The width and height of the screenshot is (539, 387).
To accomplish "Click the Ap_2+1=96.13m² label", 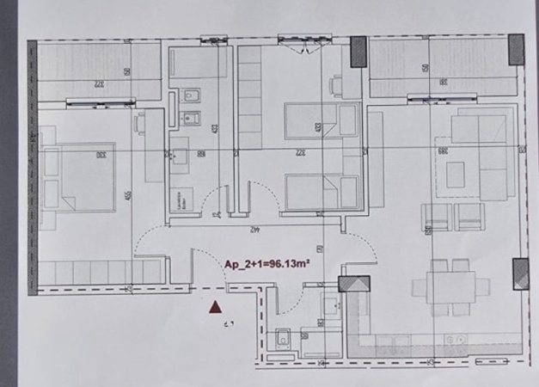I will [x=266, y=266].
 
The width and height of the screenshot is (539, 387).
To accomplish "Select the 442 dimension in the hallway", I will [x=254, y=229].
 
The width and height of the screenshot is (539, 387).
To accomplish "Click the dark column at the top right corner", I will [x=516, y=48].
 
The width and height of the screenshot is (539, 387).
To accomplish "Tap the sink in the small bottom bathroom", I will [x=332, y=305].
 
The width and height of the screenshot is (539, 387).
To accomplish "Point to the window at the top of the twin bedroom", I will [x=305, y=40].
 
